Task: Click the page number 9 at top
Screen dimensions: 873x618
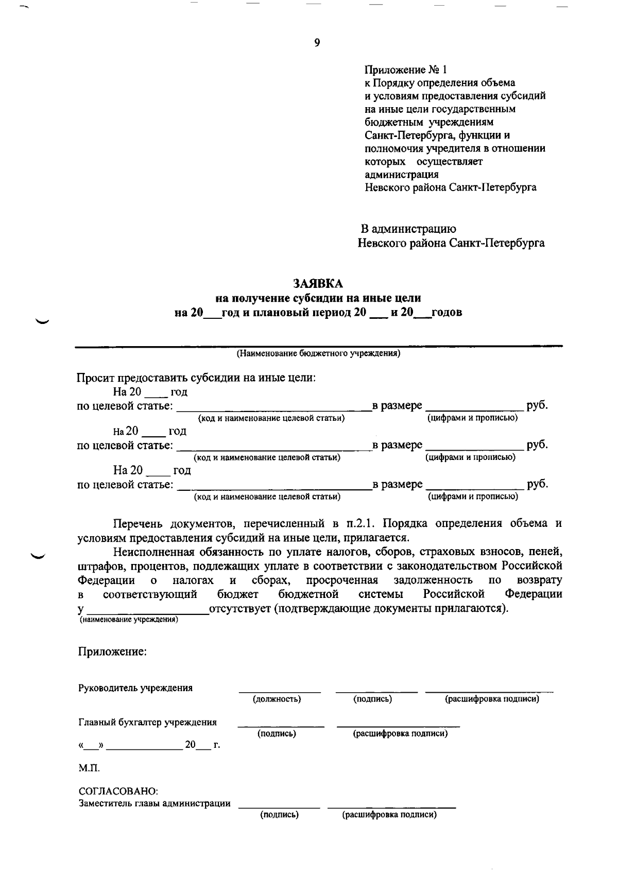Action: [317, 43]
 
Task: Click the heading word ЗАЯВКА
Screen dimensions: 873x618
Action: [317, 284]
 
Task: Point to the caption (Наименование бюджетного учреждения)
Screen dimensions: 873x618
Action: [318, 354]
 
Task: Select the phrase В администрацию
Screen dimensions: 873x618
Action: [407, 229]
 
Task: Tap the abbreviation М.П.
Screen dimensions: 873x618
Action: [89, 768]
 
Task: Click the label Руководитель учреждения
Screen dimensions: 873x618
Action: [135, 688]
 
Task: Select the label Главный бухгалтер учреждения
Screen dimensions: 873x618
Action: [147, 722]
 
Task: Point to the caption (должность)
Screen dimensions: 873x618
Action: [276, 699]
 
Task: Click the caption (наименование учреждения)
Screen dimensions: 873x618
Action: [128, 620]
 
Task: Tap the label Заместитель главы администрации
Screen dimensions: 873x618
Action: [154, 803]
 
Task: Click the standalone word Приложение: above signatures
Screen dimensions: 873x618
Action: [112, 652]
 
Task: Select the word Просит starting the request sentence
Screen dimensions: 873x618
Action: [96, 378]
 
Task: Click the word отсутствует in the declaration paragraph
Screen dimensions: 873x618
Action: [240, 608]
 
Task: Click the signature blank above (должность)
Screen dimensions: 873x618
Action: [279, 691]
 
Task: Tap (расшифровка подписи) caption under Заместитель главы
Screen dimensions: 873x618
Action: [389, 815]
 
